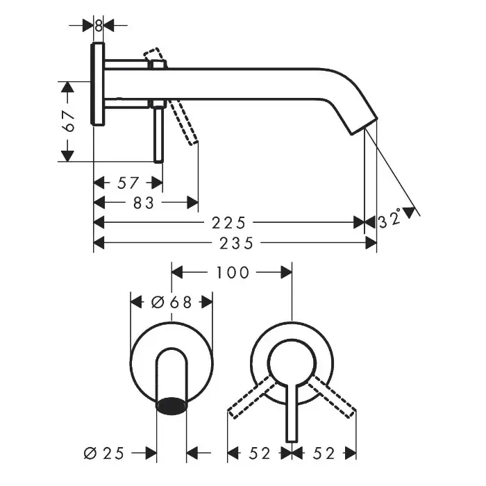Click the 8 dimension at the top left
[x=99, y=26]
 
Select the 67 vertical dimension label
[x=69, y=121]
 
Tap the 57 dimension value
[x=128, y=183]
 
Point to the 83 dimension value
[x=143, y=203]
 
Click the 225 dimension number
[x=228, y=223]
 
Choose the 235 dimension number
[x=236, y=243]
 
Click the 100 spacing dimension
[x=233, y=272]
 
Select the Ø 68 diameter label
[x=171, y=302]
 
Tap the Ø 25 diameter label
[x=104, y=453]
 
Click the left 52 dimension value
[x=260, y=453]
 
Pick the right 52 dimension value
[x=324, y=453]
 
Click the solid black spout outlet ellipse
[x=171, y=405]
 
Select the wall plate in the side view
[x=98, y=84]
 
